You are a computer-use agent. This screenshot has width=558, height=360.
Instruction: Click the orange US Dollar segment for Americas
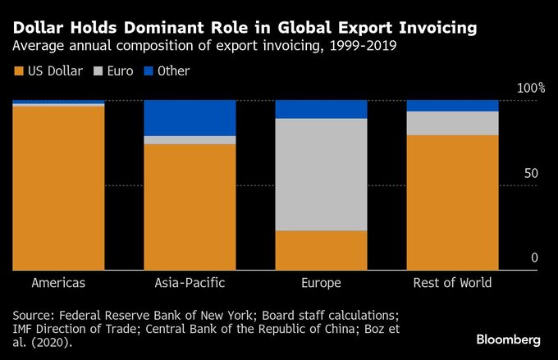(x=58, y=188)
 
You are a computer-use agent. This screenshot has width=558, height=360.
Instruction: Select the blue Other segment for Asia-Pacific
(x=190, y=118)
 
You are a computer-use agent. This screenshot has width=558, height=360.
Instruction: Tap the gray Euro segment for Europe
(x=321, y=175)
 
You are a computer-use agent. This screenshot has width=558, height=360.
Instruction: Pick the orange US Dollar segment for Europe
(x=321, y=250)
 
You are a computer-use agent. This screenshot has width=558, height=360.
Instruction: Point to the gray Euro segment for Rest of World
(x=452, y=123)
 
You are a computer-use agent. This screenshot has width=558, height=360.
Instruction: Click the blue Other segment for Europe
(x=321, y=109)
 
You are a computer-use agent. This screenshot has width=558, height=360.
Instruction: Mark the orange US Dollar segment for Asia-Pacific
(x=190, y=207)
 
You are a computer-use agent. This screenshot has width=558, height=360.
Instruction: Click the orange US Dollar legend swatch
(x=18, y=71)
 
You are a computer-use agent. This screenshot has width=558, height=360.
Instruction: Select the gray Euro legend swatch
(x=101, y=71)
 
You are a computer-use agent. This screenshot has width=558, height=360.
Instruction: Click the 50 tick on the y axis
(x=532, y=174)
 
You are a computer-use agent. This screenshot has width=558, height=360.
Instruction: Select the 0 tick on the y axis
(x=534, y=258)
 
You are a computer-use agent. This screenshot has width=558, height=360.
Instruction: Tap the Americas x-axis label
(x=58, y=283)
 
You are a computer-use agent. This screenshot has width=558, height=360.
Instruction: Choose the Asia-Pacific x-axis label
(x=190, y=283)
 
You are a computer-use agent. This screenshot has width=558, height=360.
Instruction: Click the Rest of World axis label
(x=452, y=283)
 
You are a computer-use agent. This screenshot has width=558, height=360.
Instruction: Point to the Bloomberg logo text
(x=508, y=339)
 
